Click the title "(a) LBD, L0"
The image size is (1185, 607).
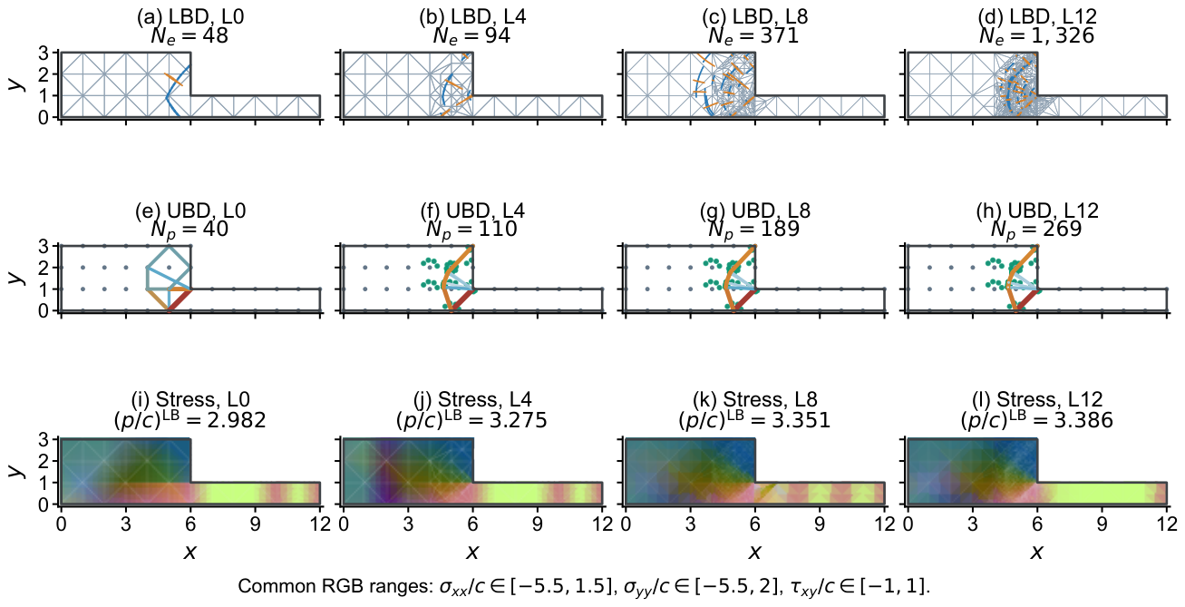[190, 16]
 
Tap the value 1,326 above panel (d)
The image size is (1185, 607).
[1060, 35]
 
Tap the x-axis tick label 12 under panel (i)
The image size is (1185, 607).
[319, 524]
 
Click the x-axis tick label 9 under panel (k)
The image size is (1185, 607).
[820, 524]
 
